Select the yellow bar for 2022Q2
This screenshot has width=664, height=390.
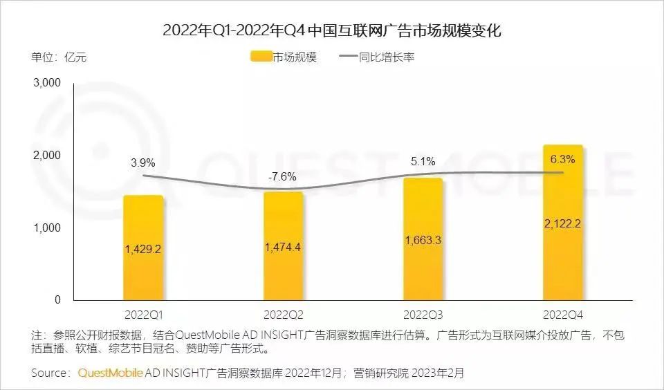coord(284,277)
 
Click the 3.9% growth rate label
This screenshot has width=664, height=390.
coord(143,163)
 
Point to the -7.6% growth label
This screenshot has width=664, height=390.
coord(282,176)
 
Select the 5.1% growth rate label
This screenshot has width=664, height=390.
coord(423,162)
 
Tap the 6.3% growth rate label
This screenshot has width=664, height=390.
coord(562,158)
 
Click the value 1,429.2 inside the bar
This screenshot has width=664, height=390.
coord(143,249)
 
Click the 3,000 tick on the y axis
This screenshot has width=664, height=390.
coord(48,83)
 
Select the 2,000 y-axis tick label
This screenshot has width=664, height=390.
coord(48,156)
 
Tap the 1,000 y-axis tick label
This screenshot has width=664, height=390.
coord(48,228)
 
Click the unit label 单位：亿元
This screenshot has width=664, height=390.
coord(59,57)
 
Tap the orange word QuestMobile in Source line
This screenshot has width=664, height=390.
coord(111,373)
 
